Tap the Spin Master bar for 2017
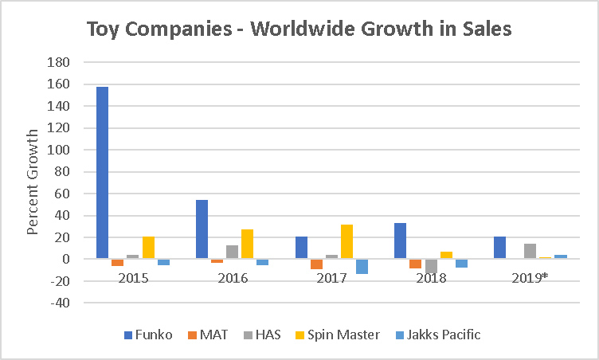point(346,242)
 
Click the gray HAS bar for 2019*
point(530,252)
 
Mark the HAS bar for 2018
point(431,266)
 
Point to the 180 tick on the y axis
point(60,62)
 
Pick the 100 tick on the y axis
point(60,150)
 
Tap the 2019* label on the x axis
point(530,279)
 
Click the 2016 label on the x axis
point(233,279)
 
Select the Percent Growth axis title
point(33,182)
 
